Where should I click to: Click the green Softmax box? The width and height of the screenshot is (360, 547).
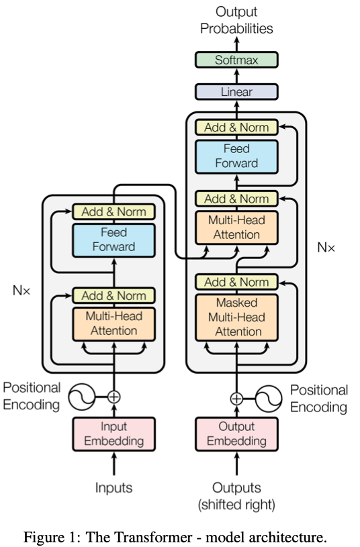click(x=236, y=60)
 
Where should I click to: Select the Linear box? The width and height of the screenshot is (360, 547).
click(x=236, y=92)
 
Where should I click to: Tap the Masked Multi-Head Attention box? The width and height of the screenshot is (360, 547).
click(x=236, y=317)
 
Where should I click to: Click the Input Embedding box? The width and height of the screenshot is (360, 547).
click(x=114, y=434)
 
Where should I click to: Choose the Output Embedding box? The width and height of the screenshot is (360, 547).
click(x=236, y=434)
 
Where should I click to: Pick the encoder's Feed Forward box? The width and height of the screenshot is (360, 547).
click(x=114, y=240)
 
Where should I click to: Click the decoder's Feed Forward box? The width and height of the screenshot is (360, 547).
click(x=236, y=156)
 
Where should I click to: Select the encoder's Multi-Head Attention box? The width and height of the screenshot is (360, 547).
click(x=114, y=324)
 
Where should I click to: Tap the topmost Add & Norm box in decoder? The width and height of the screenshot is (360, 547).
click(x=236, y=128)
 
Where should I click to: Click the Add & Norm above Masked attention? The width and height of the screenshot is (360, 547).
click(x=236, y=282)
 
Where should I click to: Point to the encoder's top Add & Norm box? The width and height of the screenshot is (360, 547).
click(x=114, y=212)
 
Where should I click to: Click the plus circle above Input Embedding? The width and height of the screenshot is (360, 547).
click(x=114, y=397)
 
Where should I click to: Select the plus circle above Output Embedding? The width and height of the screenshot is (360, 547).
click(x=236, y=399)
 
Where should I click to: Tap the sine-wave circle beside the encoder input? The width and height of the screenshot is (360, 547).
click(x=82, y=397)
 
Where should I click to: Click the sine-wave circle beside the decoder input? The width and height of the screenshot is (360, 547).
click(x=269, y=399)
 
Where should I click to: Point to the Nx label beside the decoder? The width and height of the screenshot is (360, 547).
click(x=326, y=248)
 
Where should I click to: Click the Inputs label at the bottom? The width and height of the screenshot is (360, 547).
click(x=114, y=488)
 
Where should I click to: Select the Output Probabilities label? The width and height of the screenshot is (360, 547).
click(x=236, y=20)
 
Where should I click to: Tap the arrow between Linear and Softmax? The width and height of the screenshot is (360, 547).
click(x=236, y=76)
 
